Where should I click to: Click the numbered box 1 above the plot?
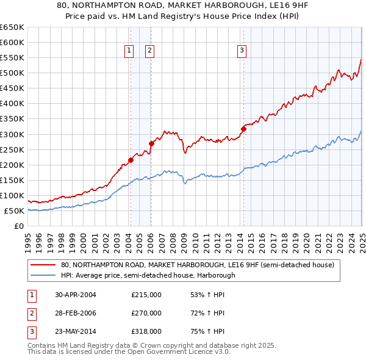130,51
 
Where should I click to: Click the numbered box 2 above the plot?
149,51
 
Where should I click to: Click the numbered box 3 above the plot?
242,51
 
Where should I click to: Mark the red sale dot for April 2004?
131,160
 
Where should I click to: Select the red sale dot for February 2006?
151,144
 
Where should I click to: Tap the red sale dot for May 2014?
243,129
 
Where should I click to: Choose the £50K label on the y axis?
15,211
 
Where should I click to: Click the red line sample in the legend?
43,265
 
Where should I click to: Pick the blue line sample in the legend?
43,275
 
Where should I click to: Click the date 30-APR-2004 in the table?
76,295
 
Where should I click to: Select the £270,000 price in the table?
146,313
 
